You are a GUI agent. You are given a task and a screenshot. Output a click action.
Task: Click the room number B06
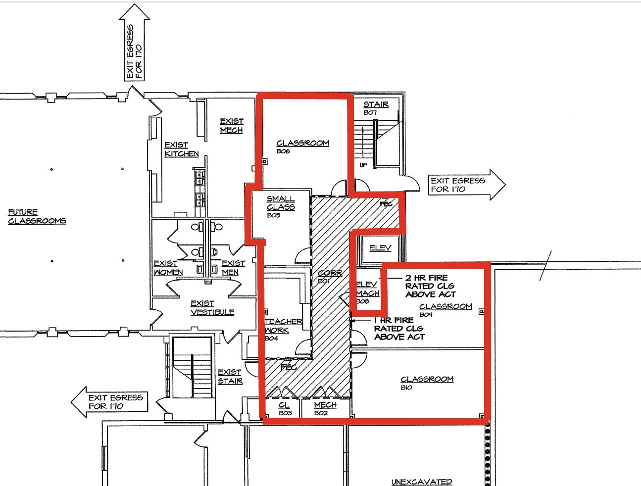click(x=283, y=151)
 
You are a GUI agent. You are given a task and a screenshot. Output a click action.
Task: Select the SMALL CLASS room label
click(x=281, y=203)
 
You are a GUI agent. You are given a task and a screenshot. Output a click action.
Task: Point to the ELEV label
click(x=380, y=248)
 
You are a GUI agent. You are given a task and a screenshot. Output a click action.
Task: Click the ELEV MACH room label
click(x=368, y=289)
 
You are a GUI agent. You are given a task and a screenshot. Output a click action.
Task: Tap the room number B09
click(x=426, y=315)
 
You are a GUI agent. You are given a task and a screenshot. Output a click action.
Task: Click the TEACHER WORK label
click(x=283, y=326)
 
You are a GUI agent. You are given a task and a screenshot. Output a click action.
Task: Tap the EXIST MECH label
click(x=231, y=126)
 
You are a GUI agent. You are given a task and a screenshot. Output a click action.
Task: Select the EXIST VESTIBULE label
click(x=212, y=308)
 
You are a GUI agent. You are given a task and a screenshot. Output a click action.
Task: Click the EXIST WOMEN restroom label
click(x=168, y=268)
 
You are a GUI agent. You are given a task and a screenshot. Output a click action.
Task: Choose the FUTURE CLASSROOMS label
click(x=37, y=216)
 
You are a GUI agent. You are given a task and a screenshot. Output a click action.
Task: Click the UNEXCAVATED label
click(x=422, y=482)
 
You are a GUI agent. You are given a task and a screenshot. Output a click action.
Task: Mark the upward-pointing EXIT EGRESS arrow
click(x=134, y=45)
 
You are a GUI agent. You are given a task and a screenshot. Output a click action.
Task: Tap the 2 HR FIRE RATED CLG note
click(x=429, y=286)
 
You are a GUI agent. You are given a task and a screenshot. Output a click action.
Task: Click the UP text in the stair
click(x=363, y=165)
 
